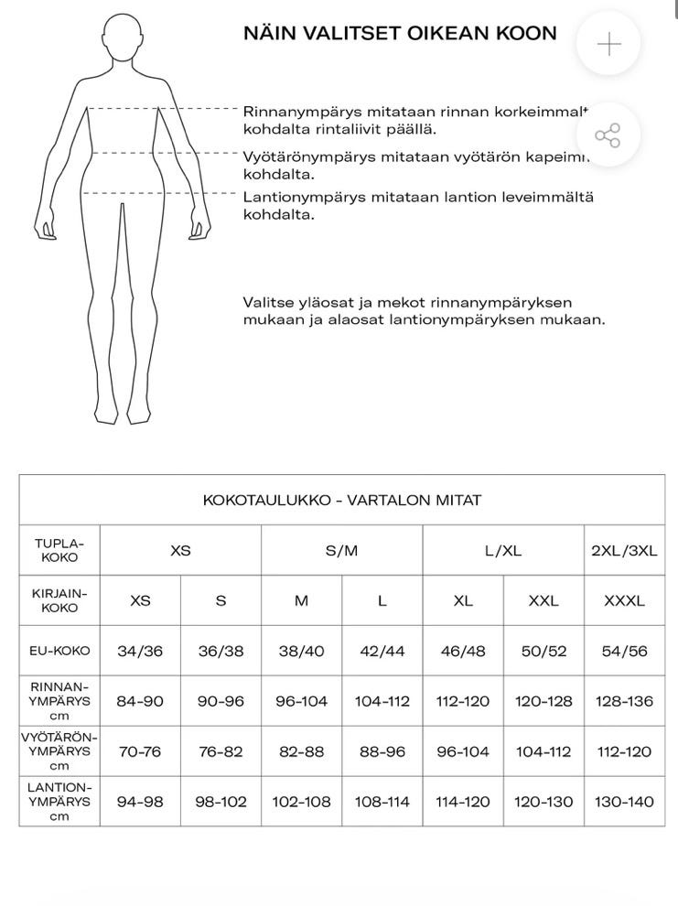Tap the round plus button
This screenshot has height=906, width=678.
608,44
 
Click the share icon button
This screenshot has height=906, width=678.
608,135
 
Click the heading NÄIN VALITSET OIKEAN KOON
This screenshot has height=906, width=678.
400,34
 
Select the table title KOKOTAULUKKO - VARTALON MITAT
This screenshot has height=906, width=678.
342,501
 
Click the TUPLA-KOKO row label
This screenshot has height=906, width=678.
59,550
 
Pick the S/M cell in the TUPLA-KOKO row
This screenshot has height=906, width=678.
342,551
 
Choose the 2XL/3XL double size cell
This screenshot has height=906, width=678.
625,551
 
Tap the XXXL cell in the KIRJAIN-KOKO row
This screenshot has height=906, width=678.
625,601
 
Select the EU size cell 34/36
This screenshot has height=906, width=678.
140,652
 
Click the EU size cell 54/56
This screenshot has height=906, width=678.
625,652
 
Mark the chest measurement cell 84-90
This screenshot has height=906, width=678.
140,702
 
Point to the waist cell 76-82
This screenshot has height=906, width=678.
221,751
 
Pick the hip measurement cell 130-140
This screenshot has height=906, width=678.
625,802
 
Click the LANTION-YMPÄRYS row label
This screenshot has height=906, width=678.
59,802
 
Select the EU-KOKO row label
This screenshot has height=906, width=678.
59,652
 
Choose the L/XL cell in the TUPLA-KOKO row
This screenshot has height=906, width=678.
503,551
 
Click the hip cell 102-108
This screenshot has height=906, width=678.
302,802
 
